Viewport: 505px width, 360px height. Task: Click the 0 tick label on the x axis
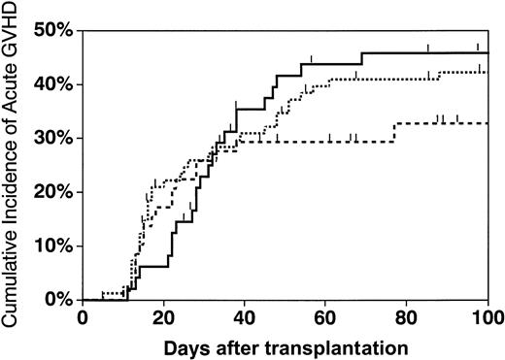click(84, 317)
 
